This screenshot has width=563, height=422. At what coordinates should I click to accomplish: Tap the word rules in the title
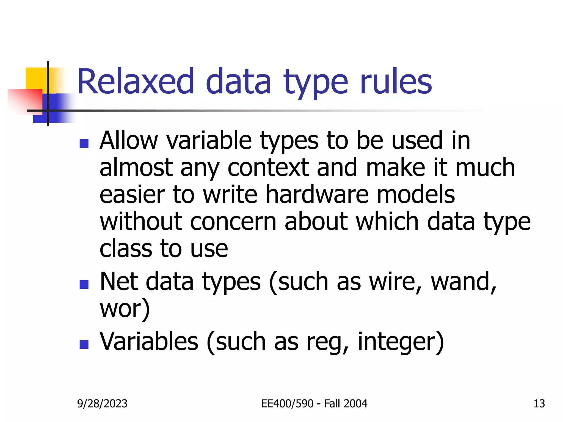396,82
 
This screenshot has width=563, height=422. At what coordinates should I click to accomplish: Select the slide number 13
539,404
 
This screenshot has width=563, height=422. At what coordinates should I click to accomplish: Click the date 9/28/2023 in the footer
102,404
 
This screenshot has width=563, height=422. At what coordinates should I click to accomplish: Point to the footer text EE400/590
287,404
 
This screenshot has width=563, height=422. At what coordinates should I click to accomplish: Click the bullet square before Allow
84,143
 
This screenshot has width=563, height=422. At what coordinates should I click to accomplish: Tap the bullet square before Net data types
84,284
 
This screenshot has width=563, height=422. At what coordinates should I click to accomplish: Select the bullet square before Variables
84,344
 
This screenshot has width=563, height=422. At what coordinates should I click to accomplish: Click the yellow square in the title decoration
36,78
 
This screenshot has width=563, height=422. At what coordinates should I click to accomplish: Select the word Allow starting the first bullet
129,141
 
